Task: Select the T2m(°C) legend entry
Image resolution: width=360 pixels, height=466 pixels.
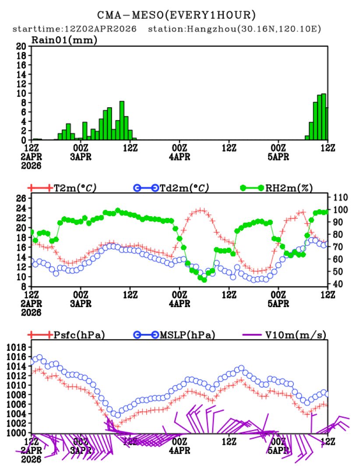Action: pyautogui.click(x=74, y=188)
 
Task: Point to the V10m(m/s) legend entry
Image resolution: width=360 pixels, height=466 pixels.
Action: pyautogui.click(x=296, y=335)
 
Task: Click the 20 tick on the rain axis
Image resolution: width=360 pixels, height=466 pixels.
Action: pyautogui.click(x=21, y=46)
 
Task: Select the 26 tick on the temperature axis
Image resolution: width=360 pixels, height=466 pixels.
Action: pyautogui.click(x=21, y=198)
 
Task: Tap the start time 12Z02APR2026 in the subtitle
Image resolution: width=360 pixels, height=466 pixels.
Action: pyautogui.click(x=100, y=29)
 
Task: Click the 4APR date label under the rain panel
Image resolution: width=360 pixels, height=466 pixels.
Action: pyautogui.click(x=180, y=157)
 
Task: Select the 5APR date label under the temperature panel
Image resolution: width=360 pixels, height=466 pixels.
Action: pyautogui.click(x=278, y=303)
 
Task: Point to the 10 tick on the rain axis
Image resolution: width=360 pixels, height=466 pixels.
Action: pyautogui.click(x=21, y=93)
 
